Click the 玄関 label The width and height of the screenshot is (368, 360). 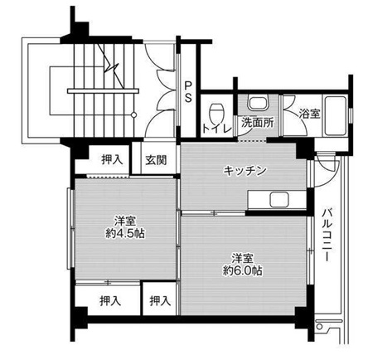coord(156,160)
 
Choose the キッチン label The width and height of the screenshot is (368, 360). coord(245,171)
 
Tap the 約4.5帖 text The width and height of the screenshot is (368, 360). coord(126,235)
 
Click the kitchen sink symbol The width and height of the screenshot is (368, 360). coord(274,200)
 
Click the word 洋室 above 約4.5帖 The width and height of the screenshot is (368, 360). coord(126,221)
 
